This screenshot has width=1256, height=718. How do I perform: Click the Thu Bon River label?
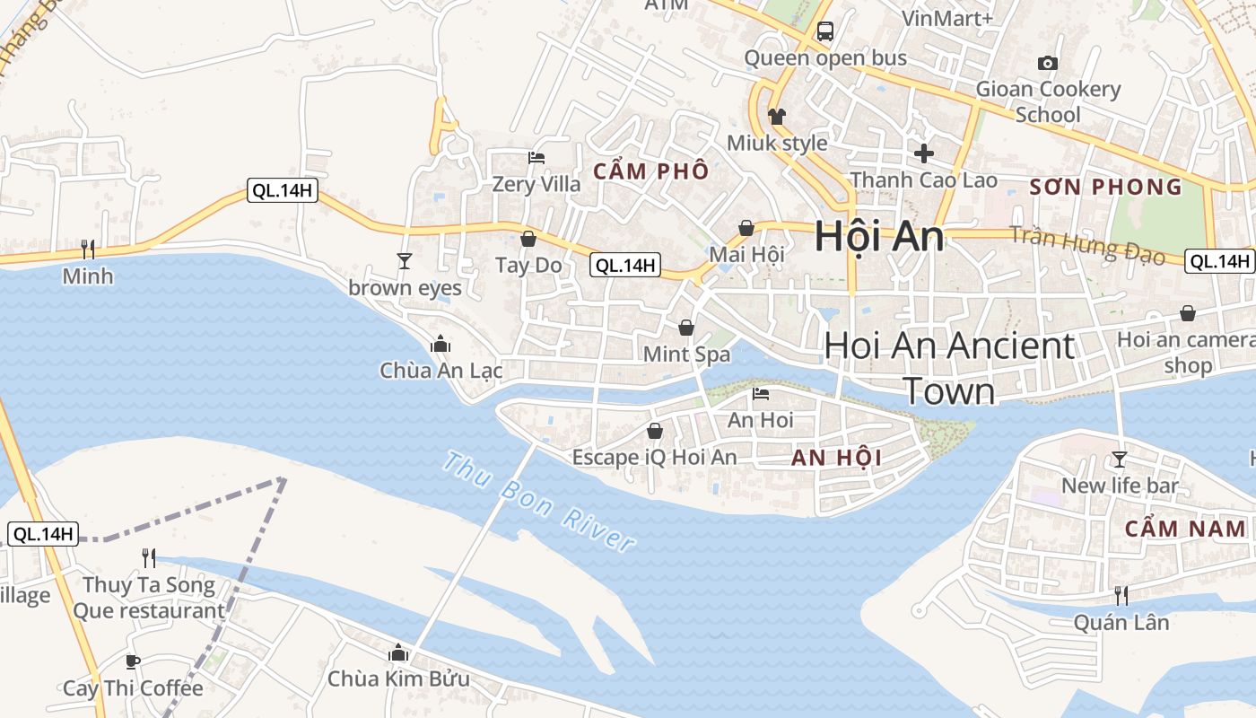coord(539,503)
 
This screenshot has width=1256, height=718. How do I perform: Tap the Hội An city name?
coord(879,237)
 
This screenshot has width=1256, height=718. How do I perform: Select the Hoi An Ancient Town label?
coord(949,368)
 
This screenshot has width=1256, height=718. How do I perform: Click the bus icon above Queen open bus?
coord(825,31)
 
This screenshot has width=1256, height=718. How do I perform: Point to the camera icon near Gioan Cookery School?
coord(1047,63)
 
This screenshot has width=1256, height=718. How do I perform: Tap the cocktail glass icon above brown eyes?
coord(405,260)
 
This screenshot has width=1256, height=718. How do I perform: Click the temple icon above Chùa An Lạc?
coord(440,344)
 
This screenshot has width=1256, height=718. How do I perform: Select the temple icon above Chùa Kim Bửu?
coord(398,652)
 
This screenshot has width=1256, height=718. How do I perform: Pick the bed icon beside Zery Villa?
coord(536,158)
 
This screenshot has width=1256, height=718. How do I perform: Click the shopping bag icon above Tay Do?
coord(528,239)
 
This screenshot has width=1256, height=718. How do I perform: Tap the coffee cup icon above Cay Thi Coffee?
coord(133,662)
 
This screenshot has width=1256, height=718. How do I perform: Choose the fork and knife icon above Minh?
coord(88,249)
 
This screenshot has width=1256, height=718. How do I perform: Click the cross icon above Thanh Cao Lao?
coord(923,153)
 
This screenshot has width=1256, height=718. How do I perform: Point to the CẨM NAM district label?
coord(1185,529)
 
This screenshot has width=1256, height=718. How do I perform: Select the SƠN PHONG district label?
coord(1105,187)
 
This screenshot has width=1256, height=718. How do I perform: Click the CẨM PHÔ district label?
coord(651,171)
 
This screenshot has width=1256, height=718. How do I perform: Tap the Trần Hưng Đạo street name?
coord(1087,245)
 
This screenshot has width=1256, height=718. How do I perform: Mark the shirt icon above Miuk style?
coord(777,117)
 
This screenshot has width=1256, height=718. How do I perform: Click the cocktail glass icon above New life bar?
coord(1119,460)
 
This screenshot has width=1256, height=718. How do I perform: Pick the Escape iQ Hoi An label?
coord(654,457)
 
